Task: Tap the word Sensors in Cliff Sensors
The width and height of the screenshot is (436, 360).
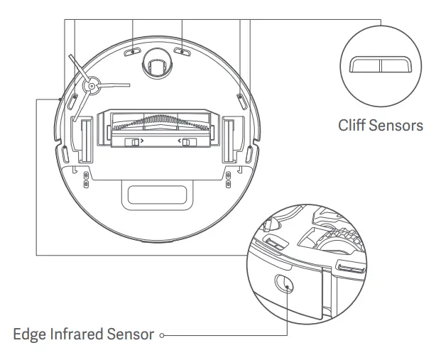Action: click(398, 126)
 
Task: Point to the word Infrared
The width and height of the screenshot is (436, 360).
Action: click(78, 334)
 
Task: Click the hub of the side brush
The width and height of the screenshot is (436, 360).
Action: click(90, 86)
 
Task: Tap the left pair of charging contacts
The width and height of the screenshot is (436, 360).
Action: click(86, 179)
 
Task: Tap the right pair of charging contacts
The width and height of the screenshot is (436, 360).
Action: click(227, 179)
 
